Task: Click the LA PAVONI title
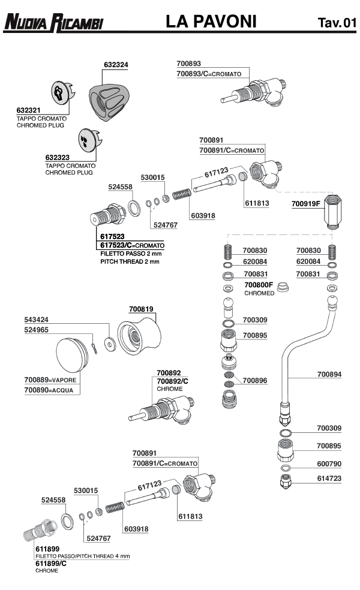point(211,22)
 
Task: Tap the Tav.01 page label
point(337,23)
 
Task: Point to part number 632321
point(28,111)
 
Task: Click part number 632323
point(57,158)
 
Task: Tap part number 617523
point(112,237)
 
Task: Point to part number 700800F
point(259,285)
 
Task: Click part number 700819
point(142,309)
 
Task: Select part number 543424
point(37,320)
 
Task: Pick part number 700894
point(329,374)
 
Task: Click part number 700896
point(255,380)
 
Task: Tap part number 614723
point(329,478)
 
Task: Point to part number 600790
point(329,463)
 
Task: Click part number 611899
point(47,549)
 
